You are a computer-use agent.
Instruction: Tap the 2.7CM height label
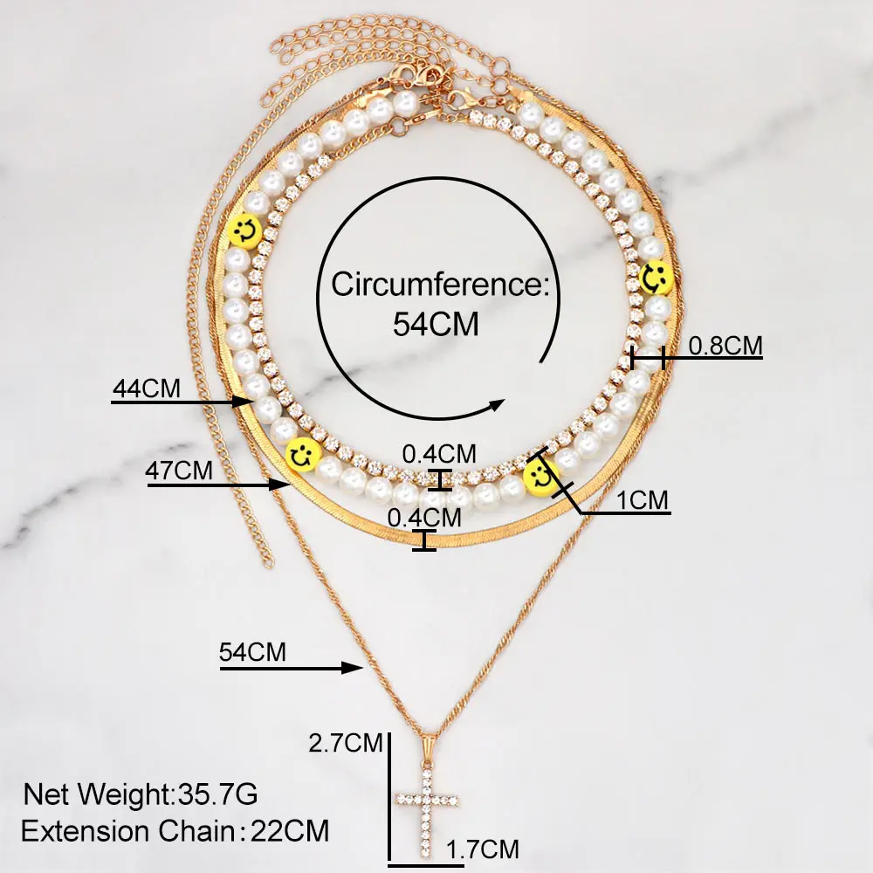point(347,744)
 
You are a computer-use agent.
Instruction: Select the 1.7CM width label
point(483,849)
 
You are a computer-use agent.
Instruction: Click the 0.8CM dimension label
point(725,346)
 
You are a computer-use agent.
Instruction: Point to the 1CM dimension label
point(642,500)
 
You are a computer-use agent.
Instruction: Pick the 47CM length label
point(180,470)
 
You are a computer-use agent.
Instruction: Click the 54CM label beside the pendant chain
point(253,651)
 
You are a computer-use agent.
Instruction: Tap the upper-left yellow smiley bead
point(244,230)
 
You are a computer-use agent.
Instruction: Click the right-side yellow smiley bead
point(656,278)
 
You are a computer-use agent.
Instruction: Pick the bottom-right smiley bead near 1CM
point(541,477)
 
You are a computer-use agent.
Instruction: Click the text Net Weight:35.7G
point(141,795)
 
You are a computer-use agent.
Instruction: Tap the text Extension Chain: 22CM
point(175,831)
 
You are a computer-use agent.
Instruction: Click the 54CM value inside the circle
point(436,324)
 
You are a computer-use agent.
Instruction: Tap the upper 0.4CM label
point(439,454)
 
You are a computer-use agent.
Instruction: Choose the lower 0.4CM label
point(424,517)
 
